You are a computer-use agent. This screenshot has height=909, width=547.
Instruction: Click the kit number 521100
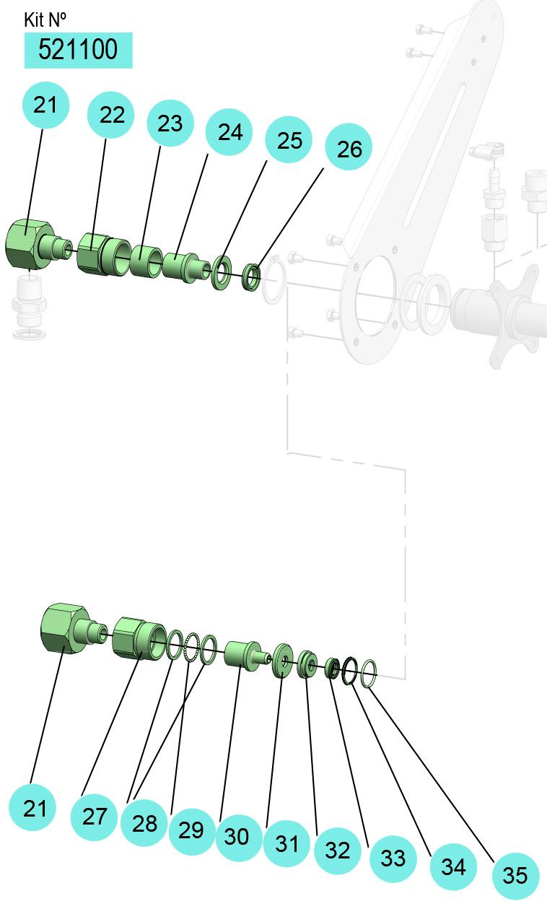78,50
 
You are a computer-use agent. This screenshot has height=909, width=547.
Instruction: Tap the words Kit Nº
45,20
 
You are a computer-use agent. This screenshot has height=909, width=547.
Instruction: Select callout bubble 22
110,114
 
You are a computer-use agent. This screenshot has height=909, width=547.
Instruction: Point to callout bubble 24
229,132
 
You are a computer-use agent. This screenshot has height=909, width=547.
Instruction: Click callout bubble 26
349,147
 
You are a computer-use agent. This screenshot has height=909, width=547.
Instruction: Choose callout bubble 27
94,817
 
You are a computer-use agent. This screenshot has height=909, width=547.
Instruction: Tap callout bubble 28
144,822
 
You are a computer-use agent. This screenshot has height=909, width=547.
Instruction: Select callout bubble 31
286,843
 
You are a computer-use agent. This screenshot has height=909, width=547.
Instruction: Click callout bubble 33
393,858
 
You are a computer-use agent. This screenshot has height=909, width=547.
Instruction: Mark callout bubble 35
515,875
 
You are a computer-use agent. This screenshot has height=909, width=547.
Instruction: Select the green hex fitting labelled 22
104,254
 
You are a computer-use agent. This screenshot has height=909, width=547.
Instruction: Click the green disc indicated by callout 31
282,661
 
